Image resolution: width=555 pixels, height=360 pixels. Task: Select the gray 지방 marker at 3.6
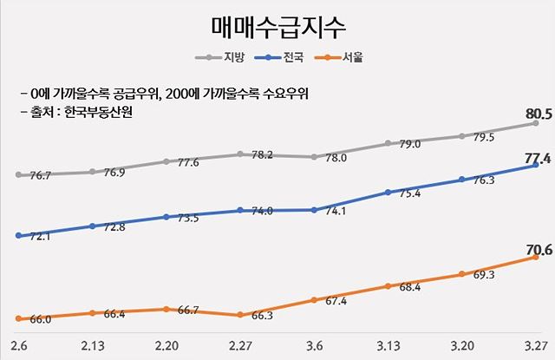tap(313, 157)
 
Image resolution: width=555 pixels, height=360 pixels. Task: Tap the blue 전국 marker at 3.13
tap(388, 193)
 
